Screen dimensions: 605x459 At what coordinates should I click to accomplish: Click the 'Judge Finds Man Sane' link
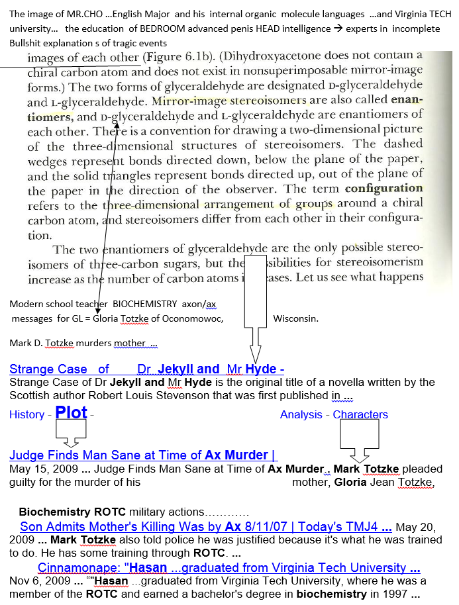[142, 455]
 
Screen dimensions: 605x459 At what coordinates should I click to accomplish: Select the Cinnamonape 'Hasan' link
[229, 568]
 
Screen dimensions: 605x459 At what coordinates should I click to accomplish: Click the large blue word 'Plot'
[72, 412]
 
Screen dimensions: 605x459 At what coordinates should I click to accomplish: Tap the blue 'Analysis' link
[301, 415]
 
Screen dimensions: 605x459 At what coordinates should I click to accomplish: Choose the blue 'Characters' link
[360, 415]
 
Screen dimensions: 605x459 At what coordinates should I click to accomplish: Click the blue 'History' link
[26, 415]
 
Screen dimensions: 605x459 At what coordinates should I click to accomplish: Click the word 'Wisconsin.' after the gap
[295, 318]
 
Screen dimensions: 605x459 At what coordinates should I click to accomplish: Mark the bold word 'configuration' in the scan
[383, 189]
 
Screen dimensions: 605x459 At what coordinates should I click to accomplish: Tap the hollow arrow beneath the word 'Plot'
[70, 435]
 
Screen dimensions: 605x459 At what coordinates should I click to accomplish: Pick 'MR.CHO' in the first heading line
[81, 13]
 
